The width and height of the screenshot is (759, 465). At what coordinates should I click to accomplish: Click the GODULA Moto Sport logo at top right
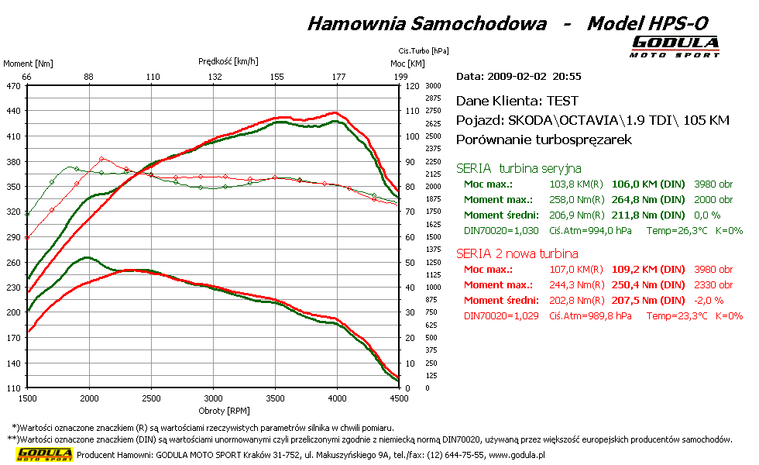tap(675, 46)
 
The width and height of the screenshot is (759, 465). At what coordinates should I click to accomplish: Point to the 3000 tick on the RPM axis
tap(213, 398)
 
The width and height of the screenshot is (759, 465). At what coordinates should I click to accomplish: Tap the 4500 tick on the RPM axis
tap(398, 398)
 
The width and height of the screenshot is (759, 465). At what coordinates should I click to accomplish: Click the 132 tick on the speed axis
tap(215, 77)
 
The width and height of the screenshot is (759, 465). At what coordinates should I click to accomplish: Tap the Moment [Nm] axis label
tap(28, 64)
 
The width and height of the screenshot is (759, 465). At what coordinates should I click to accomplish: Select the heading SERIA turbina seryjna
tap(518, 168)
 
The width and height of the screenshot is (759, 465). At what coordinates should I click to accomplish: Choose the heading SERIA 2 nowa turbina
tap(517, 253)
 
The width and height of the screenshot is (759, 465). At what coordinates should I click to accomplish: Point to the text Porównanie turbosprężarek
tap(544, 140)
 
